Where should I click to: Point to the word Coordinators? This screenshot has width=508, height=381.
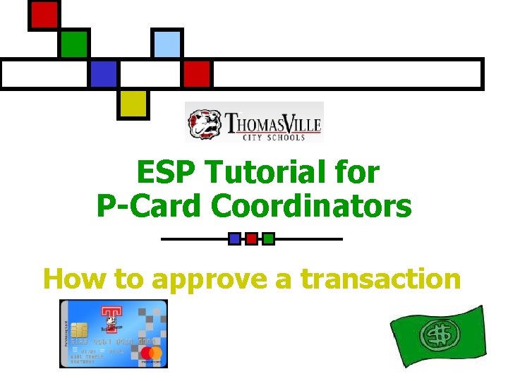311,205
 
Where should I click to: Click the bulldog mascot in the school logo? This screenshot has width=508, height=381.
205,122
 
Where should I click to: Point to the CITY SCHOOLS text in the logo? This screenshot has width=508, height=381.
272,136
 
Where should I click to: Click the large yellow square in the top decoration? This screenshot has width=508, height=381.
133,103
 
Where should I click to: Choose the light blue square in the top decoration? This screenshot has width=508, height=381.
167,44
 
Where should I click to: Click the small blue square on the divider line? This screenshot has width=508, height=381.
234,238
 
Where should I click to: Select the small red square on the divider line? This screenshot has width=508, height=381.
251,238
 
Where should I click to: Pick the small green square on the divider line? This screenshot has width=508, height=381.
268,238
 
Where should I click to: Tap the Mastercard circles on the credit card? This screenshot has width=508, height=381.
151,353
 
